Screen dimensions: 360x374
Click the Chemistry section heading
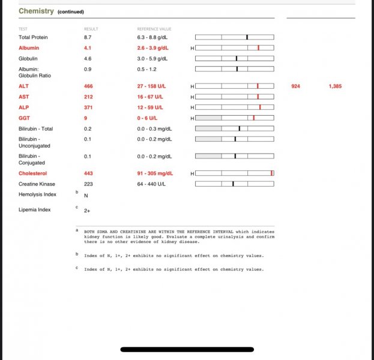[x=36, y=11]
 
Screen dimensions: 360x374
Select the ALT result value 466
[x=88, y=86]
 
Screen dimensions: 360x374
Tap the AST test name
[x=23, y=97]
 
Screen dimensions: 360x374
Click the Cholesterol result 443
[x=88, y=173]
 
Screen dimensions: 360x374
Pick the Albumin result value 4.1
[x=88, y=47]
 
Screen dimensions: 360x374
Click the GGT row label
[x=24, y=118]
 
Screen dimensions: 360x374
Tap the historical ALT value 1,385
[x=335, y=86]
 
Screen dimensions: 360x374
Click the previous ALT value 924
[x=295, y=86]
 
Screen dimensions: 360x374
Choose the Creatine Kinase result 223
[x=88, y=184]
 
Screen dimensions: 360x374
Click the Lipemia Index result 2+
[x=88, y=211]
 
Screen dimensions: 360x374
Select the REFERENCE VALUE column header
[x=154, y=29]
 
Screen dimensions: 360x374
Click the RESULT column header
[x=91, y=29]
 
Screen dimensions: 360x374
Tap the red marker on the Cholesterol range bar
[x=271, y=173]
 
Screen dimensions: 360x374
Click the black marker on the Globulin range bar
[x=237, y=58]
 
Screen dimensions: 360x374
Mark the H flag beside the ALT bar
[x=192, y=86]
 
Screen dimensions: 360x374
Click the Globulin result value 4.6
[x=88, y=58]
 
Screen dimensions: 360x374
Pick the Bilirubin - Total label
[x=35, y=128]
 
